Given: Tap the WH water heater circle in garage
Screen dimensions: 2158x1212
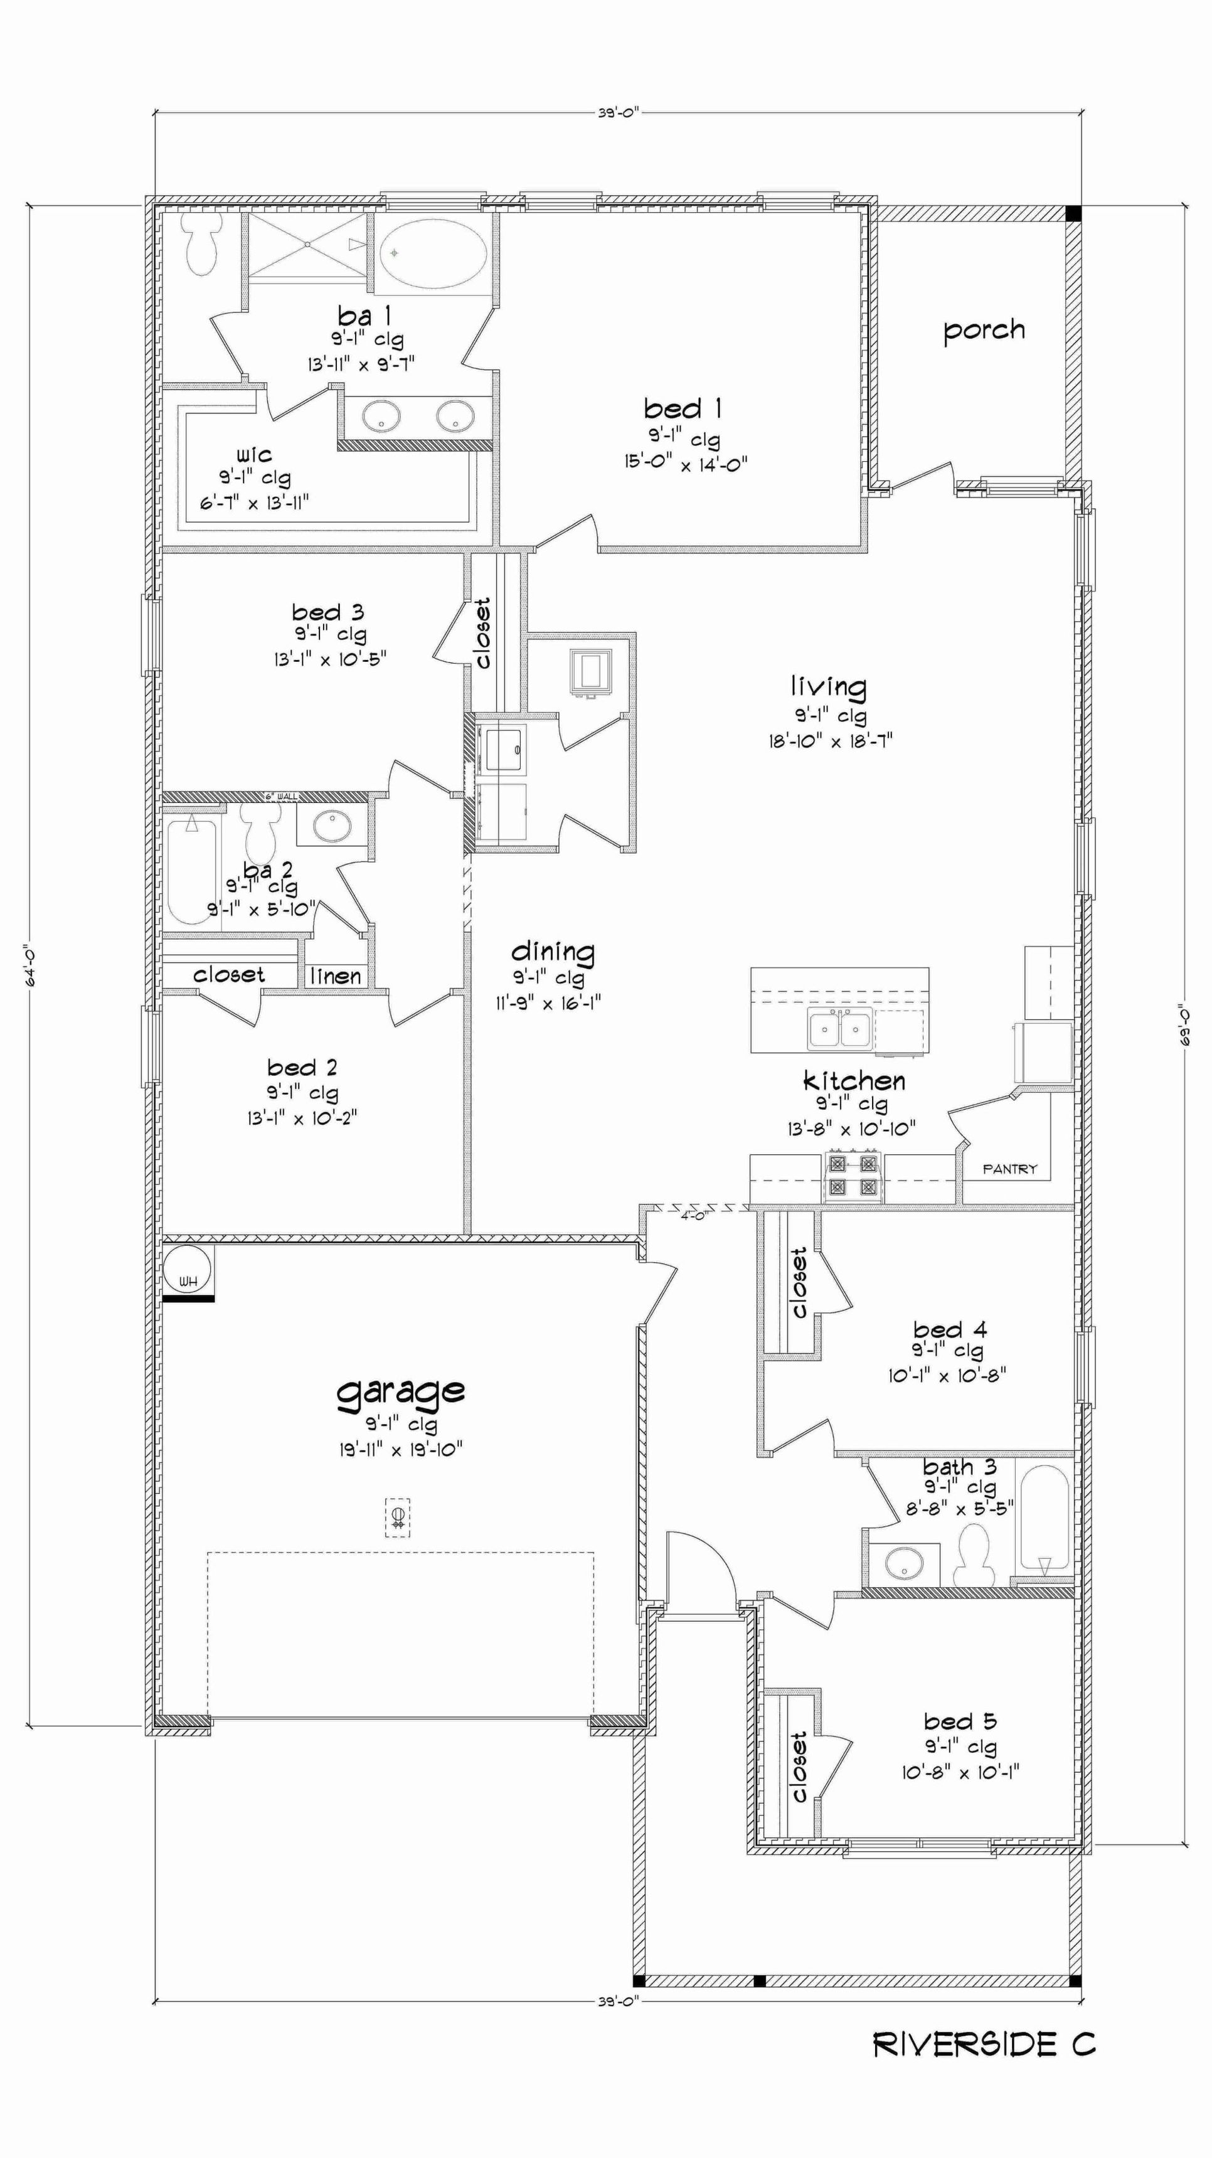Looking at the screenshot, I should point(188,1269).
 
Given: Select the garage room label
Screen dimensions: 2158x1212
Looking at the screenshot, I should point(400,1391).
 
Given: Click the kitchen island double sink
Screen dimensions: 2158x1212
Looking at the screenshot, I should point(839,1029).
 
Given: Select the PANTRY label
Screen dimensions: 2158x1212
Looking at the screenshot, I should point(1010,1169).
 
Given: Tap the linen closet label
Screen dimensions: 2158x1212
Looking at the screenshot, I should point(336,976).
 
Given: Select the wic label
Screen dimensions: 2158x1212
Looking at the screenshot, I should point(254,455).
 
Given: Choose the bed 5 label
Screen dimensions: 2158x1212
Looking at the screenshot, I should point(960,1721).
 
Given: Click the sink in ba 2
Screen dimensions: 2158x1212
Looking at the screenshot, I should point(332,826).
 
